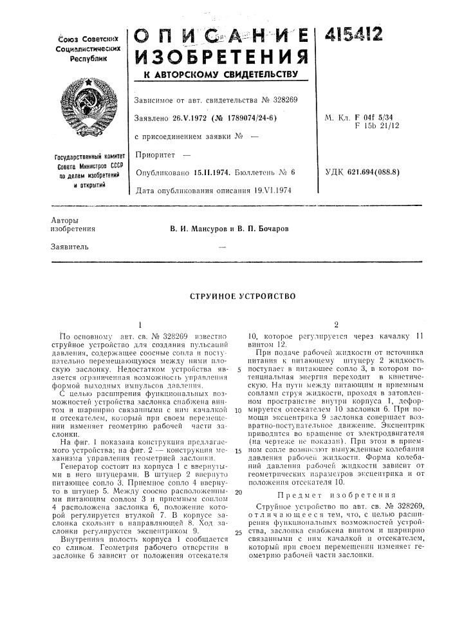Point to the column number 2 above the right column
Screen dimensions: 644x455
(x=336, y=324)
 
